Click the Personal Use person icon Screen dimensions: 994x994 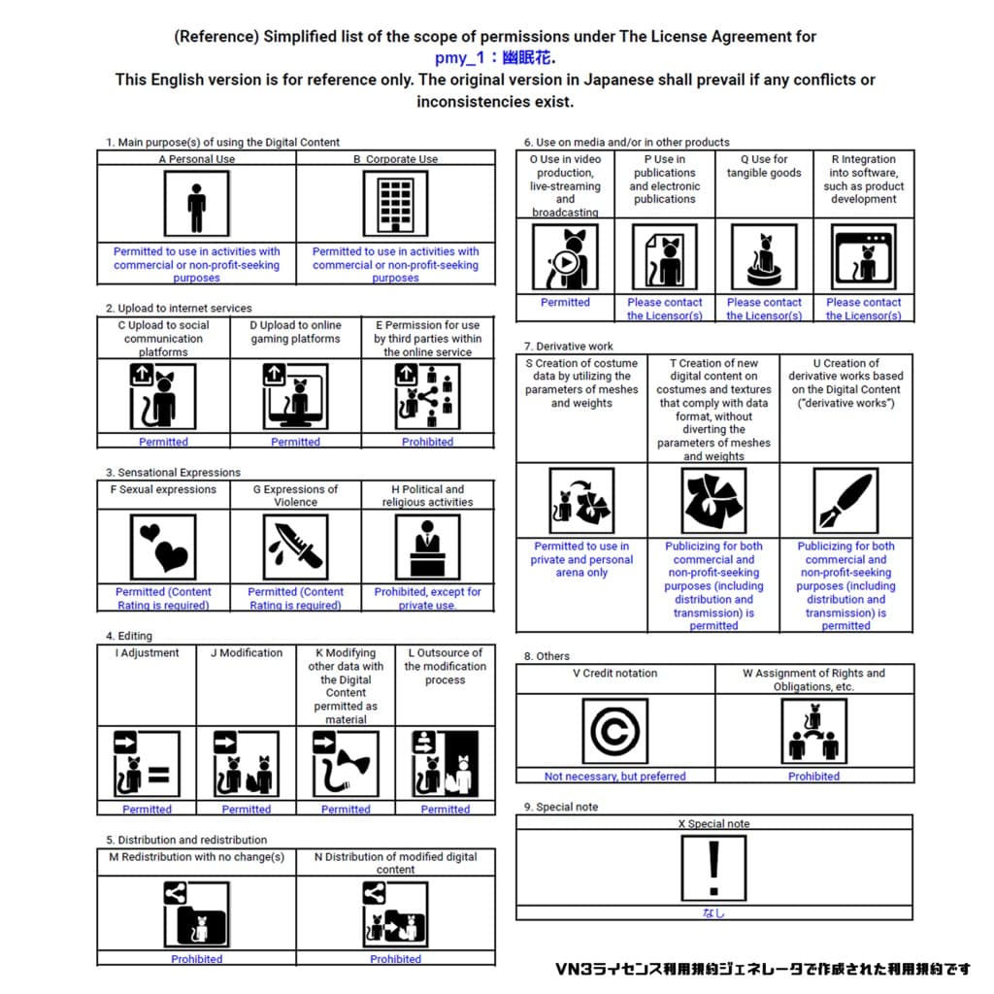(x=197, y=205)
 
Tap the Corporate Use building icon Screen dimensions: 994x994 (x=395, y=205)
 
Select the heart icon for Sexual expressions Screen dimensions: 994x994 (x=163, y=547)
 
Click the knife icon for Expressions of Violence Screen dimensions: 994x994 (x=295, y=547)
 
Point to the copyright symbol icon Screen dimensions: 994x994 (x=615, y=731)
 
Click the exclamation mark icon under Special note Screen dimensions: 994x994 (x=713, y=868)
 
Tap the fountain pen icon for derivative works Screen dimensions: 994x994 (x=845, y=501)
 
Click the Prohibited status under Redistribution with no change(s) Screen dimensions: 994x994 (x=197, y=959)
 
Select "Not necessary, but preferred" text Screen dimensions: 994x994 (x=615, y=777)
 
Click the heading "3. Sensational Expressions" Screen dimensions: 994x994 (x=174, y=473)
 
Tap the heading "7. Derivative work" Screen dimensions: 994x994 (x=569, y=346)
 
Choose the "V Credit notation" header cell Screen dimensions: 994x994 (x=615, y=674)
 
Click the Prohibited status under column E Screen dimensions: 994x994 (x=427, y=442)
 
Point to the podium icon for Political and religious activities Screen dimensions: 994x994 (x=427, y=547)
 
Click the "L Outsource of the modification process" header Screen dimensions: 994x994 (x=445, y=667)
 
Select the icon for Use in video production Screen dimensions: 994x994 (x=565, y=256)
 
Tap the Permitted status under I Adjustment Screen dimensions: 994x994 (x=147, y=810)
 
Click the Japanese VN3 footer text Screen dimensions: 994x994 (x=763, y=969)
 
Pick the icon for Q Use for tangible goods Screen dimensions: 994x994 (x=764, y=256)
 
